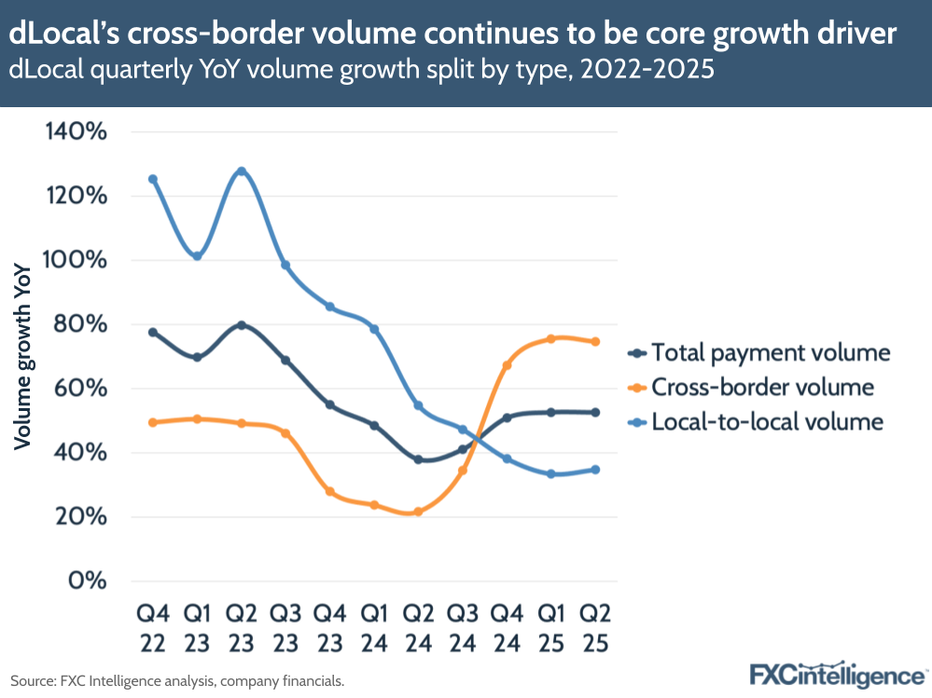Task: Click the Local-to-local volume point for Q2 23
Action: point(242,171)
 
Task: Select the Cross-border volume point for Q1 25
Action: point(550,338)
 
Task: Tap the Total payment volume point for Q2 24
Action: point(418,459)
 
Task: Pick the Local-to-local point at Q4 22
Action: point(153,179)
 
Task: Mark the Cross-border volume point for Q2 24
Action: point(418,512)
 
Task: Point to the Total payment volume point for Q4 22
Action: point(153,332)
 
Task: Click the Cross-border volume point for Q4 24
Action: point(507,365)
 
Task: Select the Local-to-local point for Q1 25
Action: point(550,473)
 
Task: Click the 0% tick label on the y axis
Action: point(86,582)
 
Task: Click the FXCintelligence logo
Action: point(837,675)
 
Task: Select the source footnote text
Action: point(177,681)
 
